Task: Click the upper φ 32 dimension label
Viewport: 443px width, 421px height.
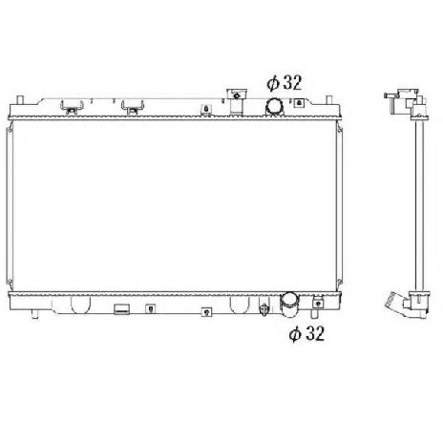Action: click(x=283, y=83)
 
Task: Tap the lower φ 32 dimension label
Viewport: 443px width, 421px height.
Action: click(x=308, y=334)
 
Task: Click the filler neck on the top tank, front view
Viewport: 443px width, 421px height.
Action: click(x=234, y=98)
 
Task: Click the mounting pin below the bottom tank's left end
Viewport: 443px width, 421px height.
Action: click(x=34, y=312)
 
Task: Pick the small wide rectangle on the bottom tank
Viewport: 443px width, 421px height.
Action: click(x=121, y=309)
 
